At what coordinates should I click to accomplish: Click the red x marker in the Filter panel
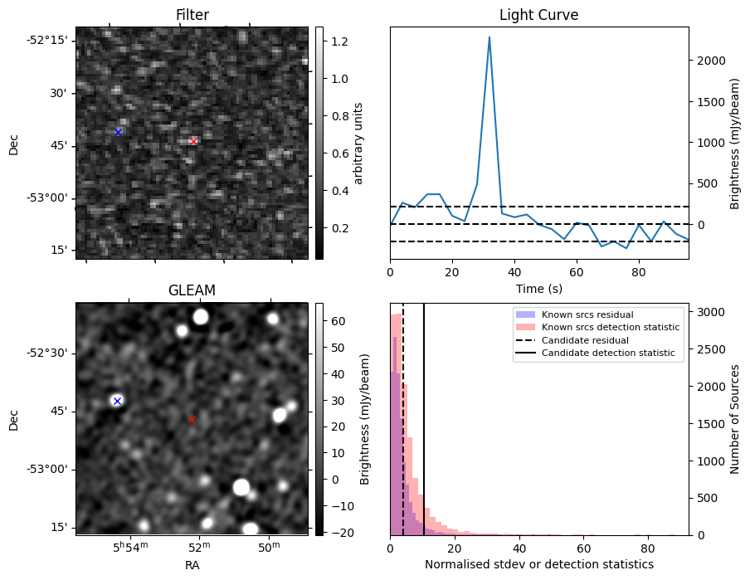[x=193, y=141]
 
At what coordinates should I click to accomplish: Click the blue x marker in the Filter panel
[x=118, y=132]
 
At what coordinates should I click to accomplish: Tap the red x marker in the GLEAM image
[x=192, y=419]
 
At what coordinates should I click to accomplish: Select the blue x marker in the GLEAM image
[x=117, y=401]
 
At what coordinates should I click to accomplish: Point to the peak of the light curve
[x=489, y=37]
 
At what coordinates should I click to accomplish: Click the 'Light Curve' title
[x=538, y=15]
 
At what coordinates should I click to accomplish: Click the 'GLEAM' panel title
[x=192, y=290]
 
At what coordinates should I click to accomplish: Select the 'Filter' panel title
[x=192, y=15]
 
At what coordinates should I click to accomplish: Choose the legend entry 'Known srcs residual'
[x=587, y=314]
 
